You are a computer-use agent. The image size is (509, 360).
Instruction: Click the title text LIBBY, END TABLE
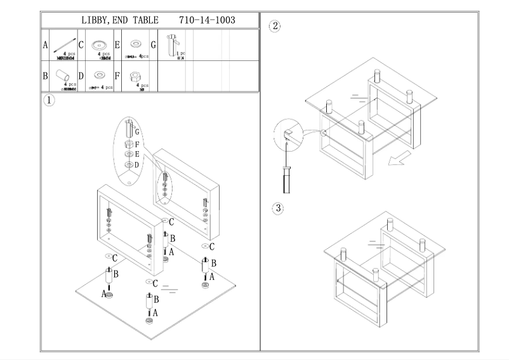(120, 20)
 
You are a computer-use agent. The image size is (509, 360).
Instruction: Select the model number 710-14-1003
(208, 20)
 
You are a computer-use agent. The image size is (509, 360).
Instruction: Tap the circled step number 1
(49, 100)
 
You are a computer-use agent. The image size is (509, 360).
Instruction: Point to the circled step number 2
(275, 26)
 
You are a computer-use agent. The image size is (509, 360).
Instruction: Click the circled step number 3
(277, 208)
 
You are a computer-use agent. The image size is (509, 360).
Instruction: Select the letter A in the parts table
(45, 45)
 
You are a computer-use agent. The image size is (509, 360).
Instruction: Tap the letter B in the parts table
(45, 76)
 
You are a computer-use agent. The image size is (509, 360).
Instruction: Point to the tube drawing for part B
(65, 76)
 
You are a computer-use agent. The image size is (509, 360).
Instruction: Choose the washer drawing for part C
(99, 44)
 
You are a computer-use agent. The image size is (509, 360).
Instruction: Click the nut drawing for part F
(135, 76)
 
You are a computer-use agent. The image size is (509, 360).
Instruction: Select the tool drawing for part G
(171, 44)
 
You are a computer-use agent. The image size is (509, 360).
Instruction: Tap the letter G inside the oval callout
(136, 131)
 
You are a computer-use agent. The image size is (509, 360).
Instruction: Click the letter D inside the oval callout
(137, 164)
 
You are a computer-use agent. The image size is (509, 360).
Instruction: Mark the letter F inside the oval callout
(136, 145)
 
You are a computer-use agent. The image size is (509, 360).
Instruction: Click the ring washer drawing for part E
(135, 44)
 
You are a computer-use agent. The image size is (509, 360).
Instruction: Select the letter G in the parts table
(153, 45)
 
